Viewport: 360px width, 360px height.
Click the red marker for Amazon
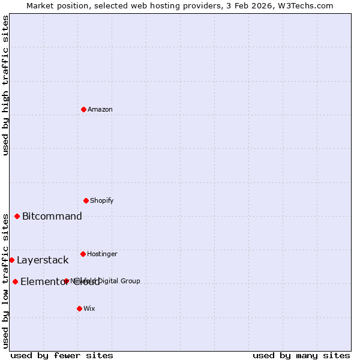click(x=84, y=109)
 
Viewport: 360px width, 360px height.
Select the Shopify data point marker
click(x=86, y=200)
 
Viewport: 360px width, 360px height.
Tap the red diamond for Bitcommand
click(x=17, y=216)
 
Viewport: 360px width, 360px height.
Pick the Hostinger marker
click(x=83, y=254)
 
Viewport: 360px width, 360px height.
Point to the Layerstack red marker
click(x=12, y=260)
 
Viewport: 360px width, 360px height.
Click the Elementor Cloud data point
click(x=16, y=281)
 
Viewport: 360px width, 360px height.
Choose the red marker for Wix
click(x=80, y=308)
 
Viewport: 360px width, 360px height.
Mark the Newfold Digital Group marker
click(x=67, y=281)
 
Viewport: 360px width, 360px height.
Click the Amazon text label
click(x=100, y=109)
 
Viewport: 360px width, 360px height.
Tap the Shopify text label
click(x=102, y=200)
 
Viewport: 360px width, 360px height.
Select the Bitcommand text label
click(x=52, y=216)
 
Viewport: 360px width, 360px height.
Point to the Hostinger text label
click(x=102, y=254)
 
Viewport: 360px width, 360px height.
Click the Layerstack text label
click(x=43, y=260)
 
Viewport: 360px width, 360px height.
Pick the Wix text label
click(x=89, y=308)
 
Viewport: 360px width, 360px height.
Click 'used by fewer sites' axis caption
click(x=62, y=355)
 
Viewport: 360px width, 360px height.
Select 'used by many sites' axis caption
click(x=301, y=355)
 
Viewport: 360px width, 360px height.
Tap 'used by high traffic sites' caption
click(x=6, y=85)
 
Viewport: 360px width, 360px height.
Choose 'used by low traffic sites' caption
click(x=6, y=281)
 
